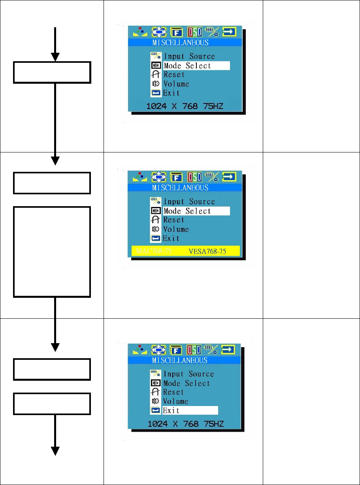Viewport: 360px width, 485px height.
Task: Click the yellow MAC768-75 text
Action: click(x=154, y=251)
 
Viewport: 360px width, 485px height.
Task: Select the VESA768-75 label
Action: click(x=207, y=251)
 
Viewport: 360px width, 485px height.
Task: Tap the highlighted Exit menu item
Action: click(x=190, y=410)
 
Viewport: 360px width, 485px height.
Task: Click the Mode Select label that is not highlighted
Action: click(x=187, y=383)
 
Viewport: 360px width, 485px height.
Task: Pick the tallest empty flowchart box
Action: click(x=52, y=251)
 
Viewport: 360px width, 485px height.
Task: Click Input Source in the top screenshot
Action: click(x=189, y=56)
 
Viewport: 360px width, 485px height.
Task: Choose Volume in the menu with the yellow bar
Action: click(x=176, y=229)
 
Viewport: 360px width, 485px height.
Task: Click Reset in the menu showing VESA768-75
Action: click(x=174, y=220)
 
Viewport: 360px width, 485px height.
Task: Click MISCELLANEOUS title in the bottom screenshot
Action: click(x=180, y=360)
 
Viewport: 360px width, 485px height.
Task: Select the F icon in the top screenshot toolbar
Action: click(x=176, y=32)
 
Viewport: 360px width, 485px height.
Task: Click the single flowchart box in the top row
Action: click(x=52, y=72)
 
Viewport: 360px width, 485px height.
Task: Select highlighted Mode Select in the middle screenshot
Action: click(x=196, y=211)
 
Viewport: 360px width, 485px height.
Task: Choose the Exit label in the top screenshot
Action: click(x=172, y=93)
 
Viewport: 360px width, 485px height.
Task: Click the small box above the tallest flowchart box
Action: click(x=52, y=183)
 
